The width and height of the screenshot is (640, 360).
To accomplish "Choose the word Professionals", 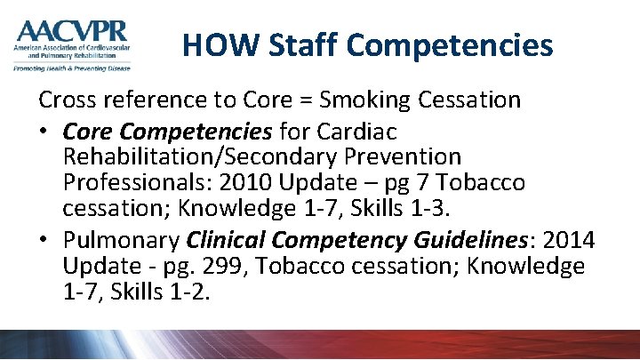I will (x=136, y=183).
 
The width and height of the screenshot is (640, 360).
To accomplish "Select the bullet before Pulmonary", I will (x=44, y=242).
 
